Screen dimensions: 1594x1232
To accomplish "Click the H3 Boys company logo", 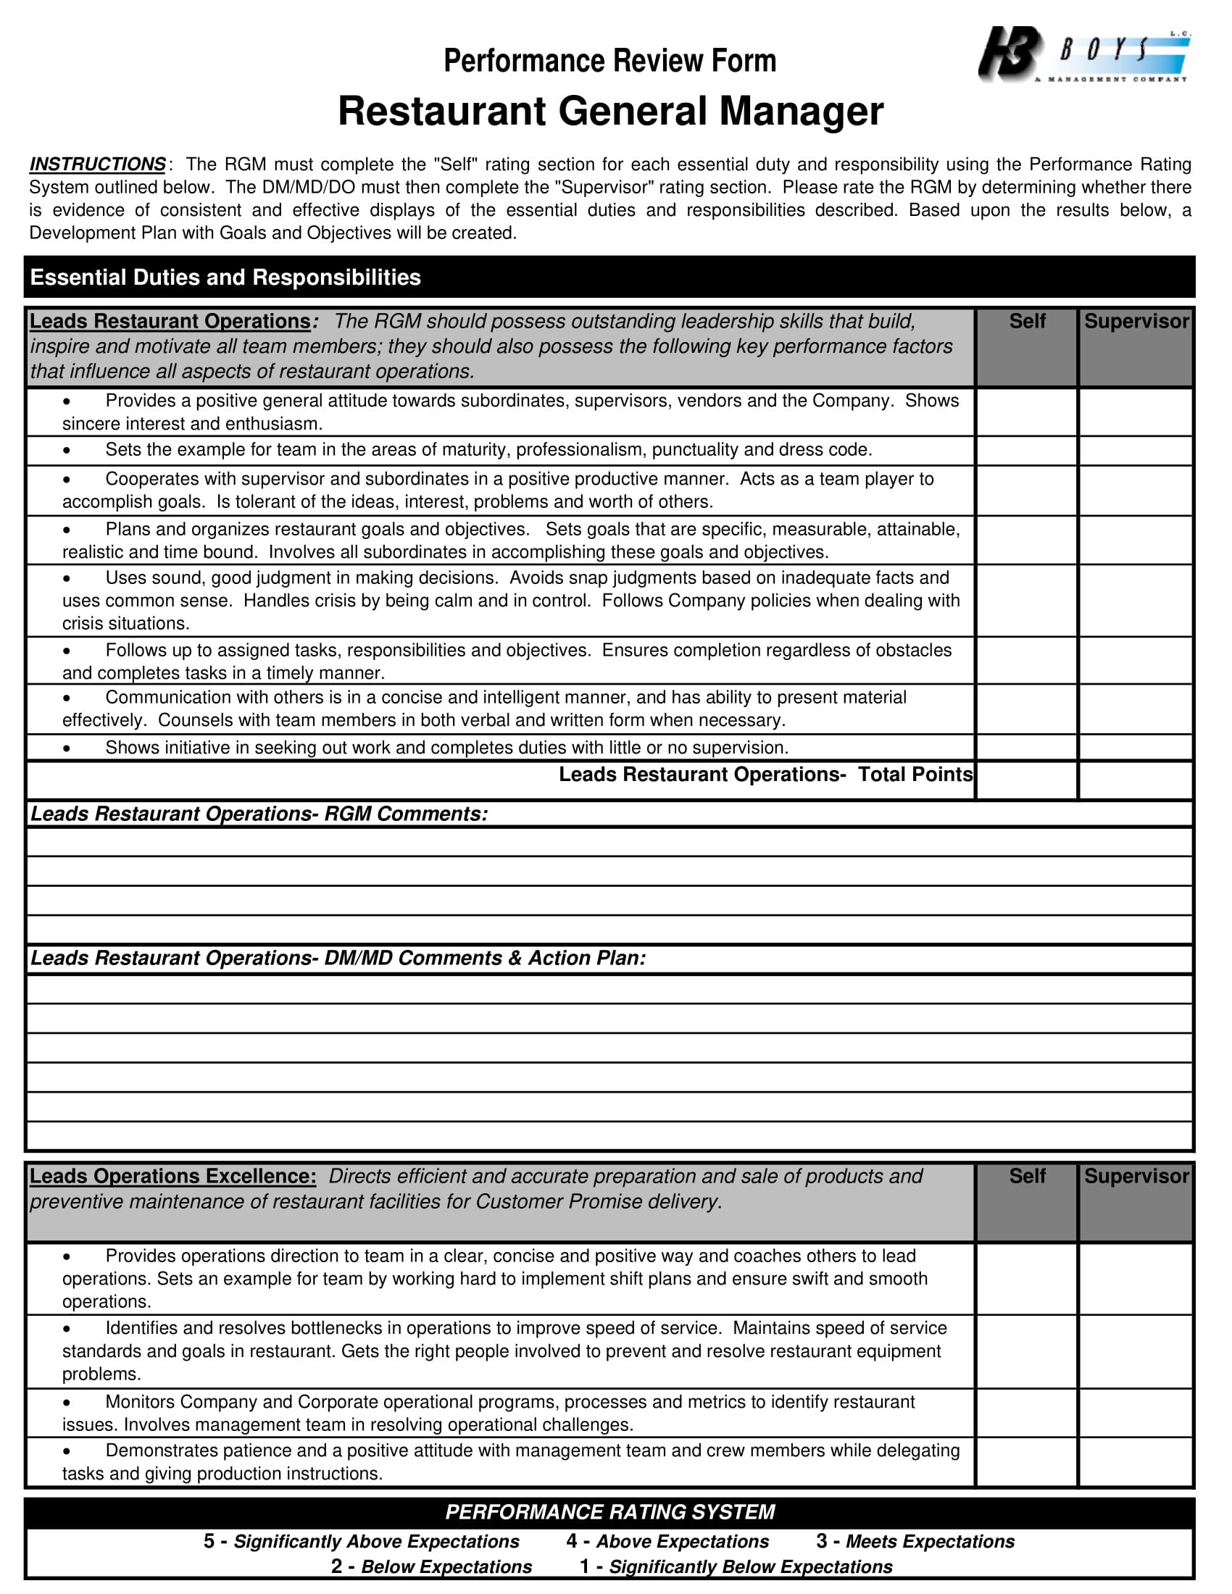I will tap(1083, 55).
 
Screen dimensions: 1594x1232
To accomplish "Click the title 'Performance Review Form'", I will tap(609, 61).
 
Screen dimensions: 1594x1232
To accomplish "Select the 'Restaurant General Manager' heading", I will tap(610, 112).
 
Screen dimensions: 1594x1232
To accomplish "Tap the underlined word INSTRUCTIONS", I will tap(98, 164).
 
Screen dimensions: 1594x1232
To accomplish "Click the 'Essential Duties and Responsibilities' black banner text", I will tap(225, 278).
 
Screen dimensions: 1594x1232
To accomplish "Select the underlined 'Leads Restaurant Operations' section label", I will tap(170, 321).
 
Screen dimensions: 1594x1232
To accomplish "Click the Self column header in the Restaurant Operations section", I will tap(1026, 321).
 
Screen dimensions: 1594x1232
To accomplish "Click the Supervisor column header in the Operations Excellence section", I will tap(1136, 1176).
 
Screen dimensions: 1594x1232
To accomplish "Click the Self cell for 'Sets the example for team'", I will tap(1026, 451).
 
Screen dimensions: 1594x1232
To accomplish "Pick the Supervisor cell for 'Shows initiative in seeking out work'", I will tap(1136, 748).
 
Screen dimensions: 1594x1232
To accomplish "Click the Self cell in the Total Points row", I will tap(1026, 780).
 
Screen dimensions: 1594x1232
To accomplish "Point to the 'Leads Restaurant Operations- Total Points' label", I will tap(765, 775).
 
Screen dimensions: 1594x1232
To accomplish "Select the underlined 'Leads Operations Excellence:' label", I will tap(173, 1176).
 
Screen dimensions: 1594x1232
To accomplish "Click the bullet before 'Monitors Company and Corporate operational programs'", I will tap(67, 1402).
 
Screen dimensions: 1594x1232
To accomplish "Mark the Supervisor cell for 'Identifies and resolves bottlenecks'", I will tap(1136, 1351).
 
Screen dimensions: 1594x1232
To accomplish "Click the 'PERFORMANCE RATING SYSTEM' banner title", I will tap(609, 1511).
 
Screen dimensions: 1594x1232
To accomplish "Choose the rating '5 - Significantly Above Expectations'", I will tap(362, 1541).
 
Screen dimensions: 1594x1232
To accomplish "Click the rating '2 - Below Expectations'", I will tap(431, 1567).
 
